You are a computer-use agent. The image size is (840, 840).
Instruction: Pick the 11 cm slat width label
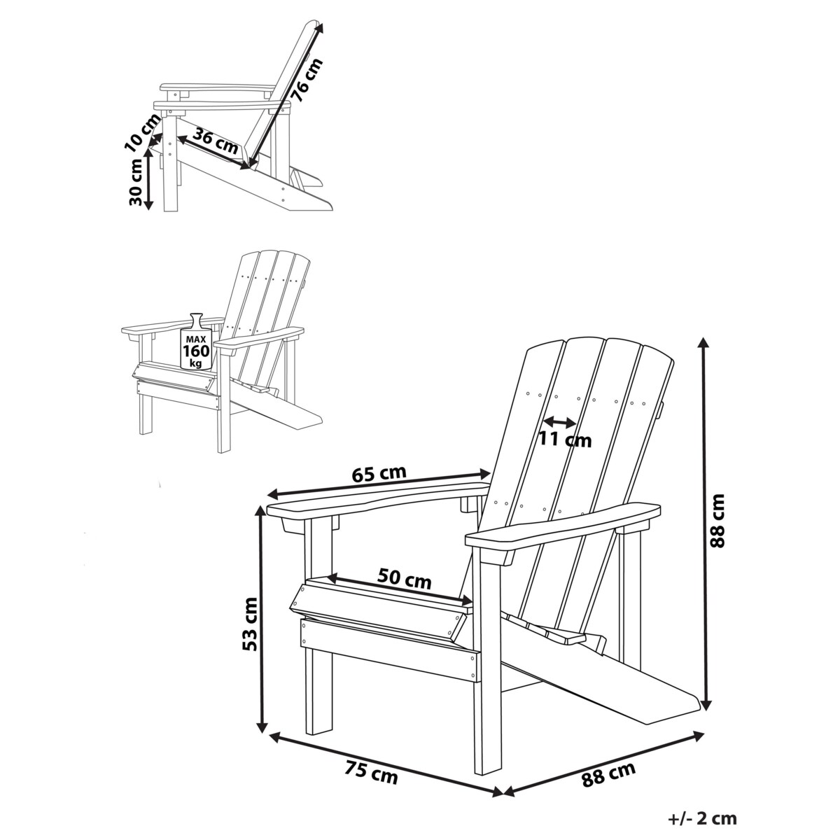tap(565, 440)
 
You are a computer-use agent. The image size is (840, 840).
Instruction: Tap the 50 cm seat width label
tap(404, 580)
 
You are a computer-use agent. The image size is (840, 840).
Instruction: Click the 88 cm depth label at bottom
tap(608, 775)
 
